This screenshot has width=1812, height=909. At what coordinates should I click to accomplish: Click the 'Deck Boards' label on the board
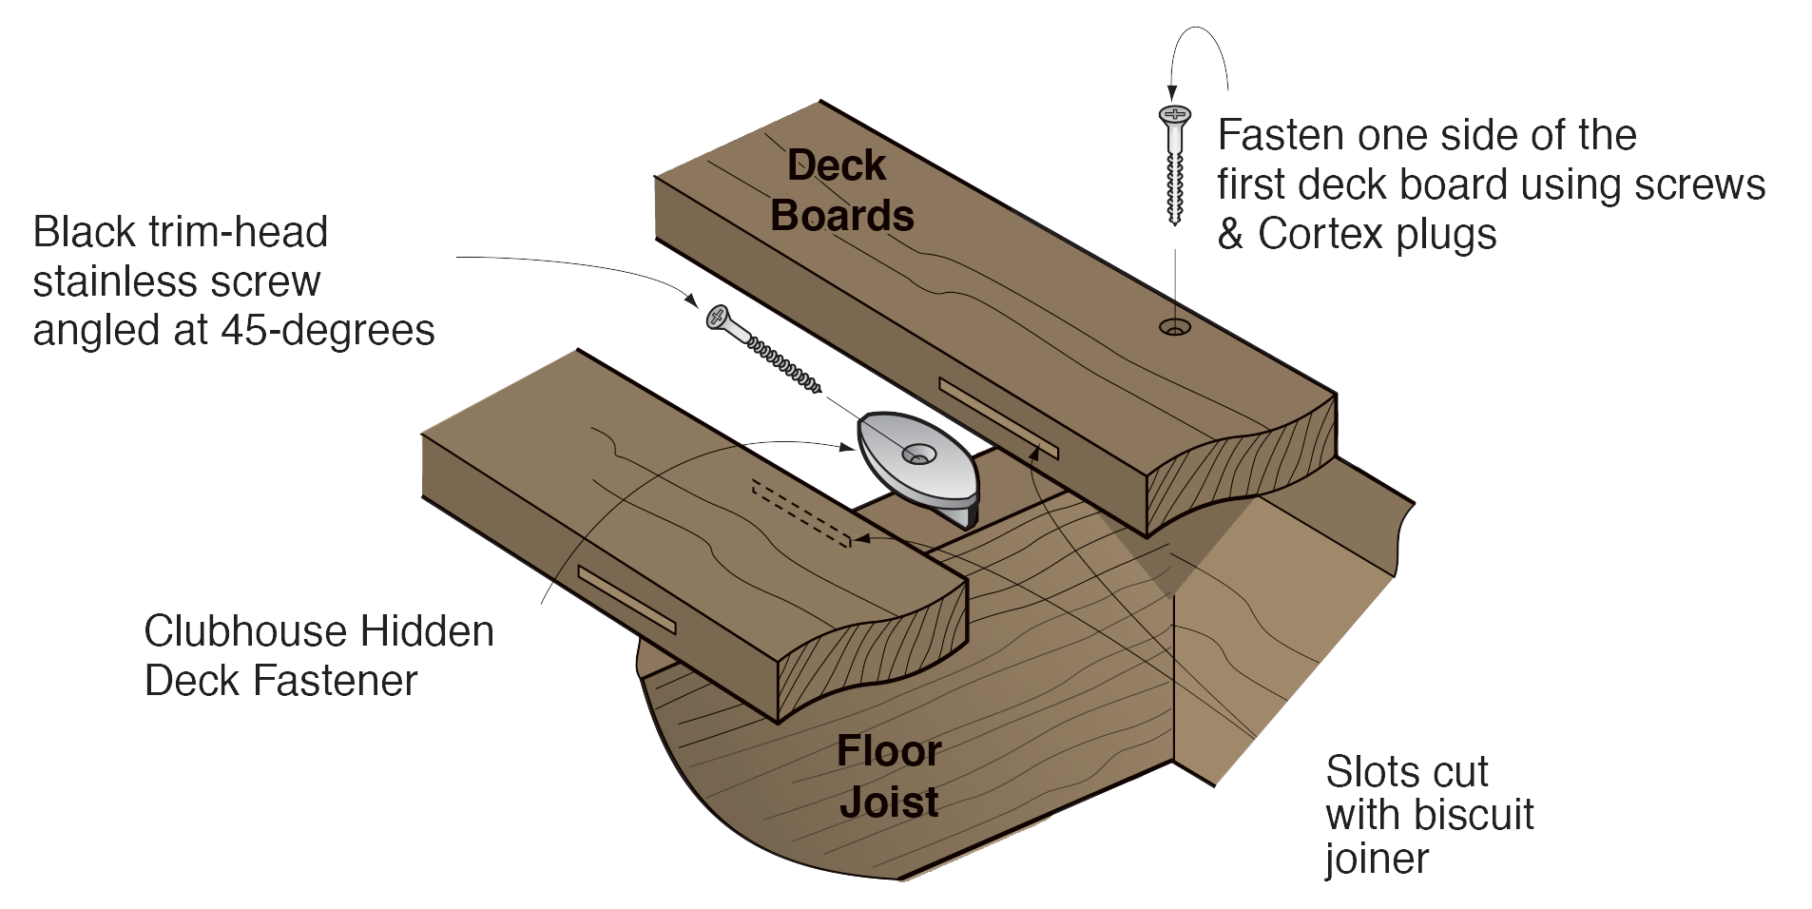[841, 191]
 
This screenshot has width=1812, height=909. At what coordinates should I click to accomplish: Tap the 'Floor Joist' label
[889, 777]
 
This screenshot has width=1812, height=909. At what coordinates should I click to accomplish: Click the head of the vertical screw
[1174, 116]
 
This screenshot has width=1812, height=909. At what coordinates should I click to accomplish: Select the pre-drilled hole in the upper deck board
[1175, 327]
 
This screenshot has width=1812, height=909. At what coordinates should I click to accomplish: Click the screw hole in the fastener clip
[918, 455]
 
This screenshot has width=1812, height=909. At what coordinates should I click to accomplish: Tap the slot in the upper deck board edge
[998, 418]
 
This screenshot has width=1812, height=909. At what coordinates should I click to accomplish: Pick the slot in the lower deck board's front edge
[626, 600]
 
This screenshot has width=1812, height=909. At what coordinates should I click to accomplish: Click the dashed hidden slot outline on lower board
[800, 514]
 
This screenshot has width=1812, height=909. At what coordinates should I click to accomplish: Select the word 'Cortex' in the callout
[1320, 234]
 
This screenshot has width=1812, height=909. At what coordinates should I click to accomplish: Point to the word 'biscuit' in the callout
[1474, 815]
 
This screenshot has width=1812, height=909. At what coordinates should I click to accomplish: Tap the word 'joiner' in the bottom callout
[1377, 860]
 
